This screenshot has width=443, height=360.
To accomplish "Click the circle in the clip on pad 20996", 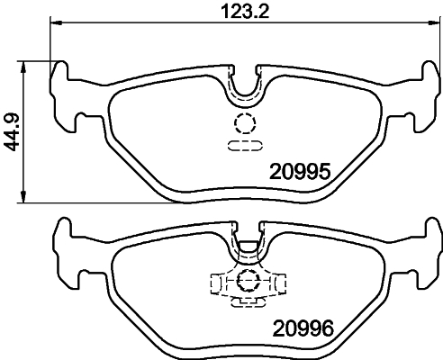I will tap(245, 282).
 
